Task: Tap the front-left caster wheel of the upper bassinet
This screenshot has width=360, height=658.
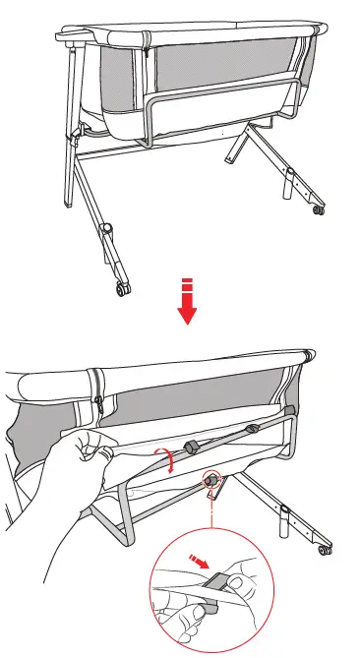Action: point(121,287)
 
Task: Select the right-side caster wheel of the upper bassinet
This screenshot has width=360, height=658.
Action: point(318,209)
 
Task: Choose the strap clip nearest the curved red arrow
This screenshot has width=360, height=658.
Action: point(192,448)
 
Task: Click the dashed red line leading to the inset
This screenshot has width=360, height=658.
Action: point(210,511)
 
